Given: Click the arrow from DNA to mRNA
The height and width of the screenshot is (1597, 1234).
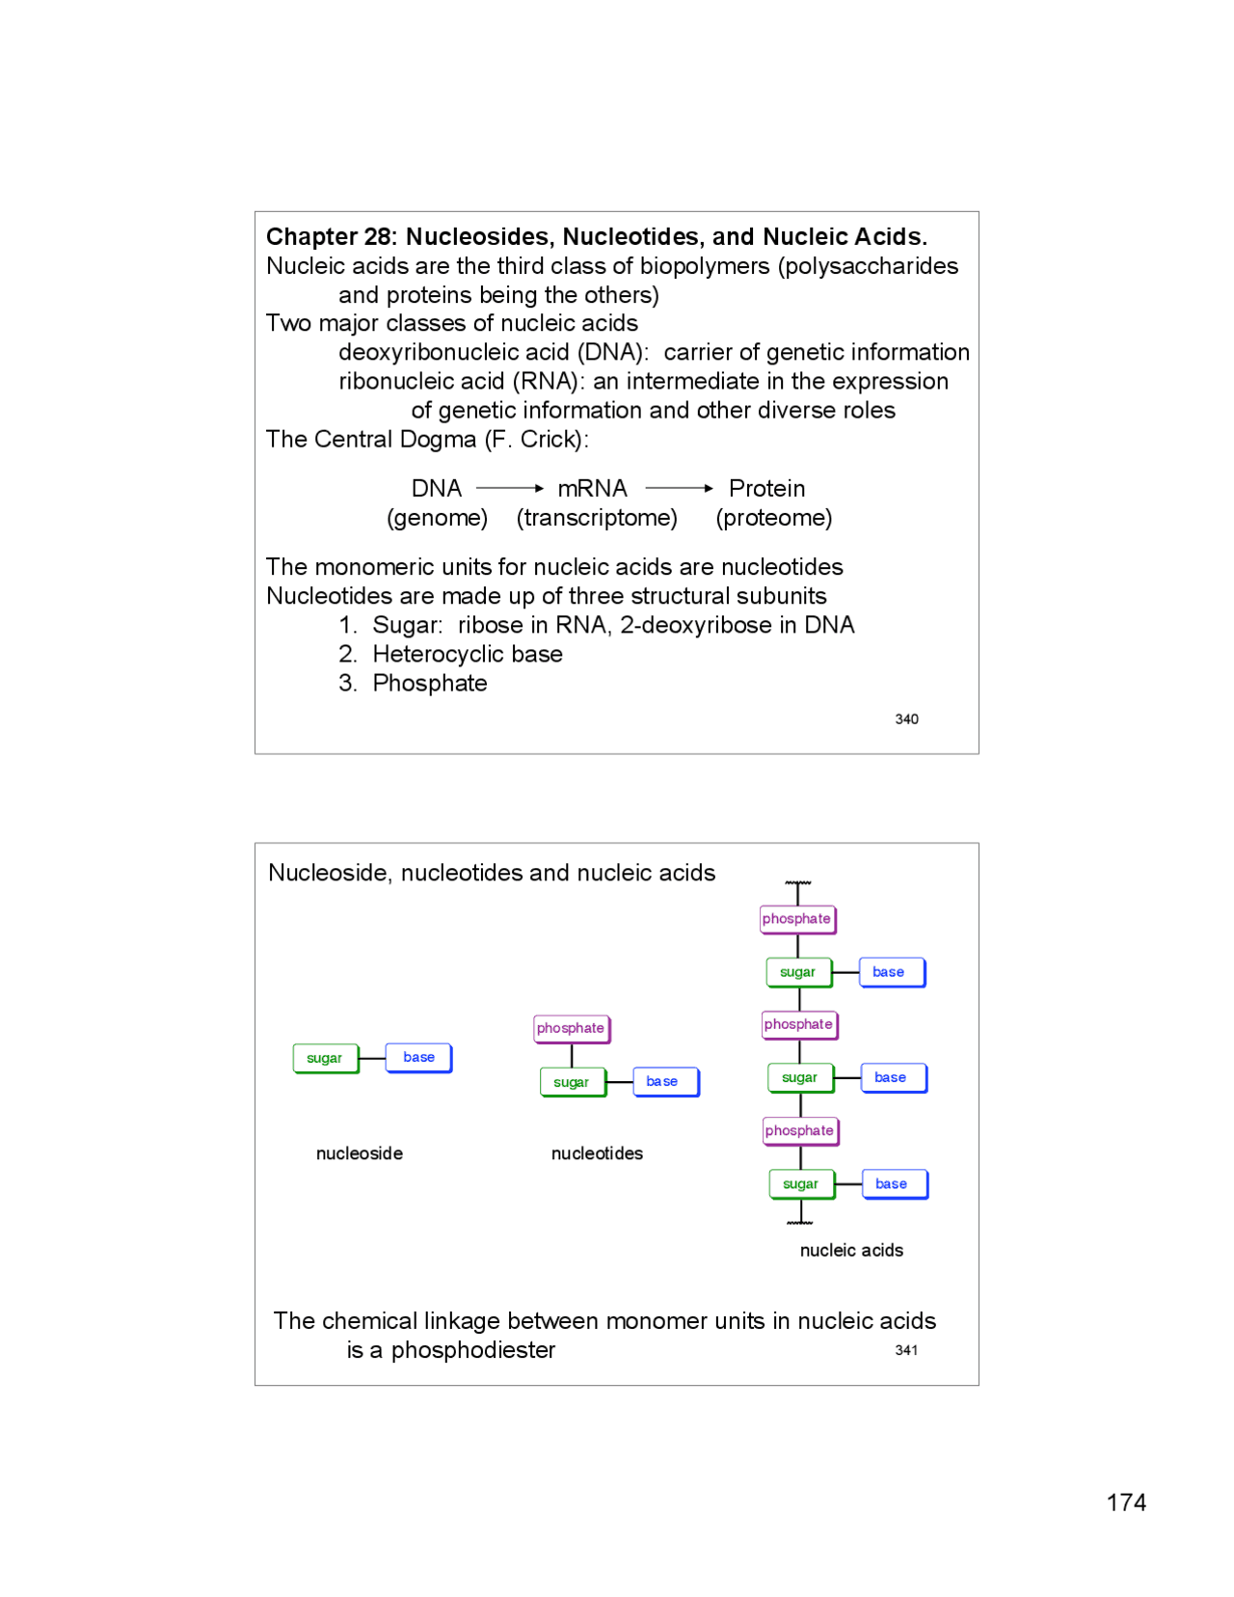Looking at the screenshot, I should pyautogui.click(x=510, y=488).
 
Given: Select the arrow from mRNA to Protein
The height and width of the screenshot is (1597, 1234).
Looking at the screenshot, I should pyautogui.click(x=679, y=488).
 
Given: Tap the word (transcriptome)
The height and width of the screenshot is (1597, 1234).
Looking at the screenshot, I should pyautogui.click(x=597, y=518).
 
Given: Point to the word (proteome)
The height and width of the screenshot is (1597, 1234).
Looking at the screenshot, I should pyautogui.click(x=773, y=518).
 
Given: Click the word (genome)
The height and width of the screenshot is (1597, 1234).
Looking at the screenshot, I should pyautogui.click(x=437, y=518).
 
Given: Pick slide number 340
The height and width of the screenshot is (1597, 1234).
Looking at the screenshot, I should pyautogui.click(x=906, y=719).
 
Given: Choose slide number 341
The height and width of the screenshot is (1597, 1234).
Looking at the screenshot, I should pyautogui.click(x=906, y=1350).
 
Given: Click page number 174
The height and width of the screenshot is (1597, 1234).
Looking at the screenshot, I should pyautogui.click(x=1126, y=1502).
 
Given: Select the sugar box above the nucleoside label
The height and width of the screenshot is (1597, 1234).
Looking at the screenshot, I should pyautogui.click(x=325, y=1058).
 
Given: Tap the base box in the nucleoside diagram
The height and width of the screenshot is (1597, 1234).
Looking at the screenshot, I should pyautogui.click(x=418, y=1057).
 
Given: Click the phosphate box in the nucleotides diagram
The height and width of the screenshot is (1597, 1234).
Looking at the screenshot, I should pyautogui.click(x=571, y=1028).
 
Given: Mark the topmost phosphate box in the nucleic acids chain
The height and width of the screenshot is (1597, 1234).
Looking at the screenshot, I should pyautogui.click(x=796, y=919).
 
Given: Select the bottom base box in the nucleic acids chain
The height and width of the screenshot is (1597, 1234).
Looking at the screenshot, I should pyautogui.click(x=892, y=1183).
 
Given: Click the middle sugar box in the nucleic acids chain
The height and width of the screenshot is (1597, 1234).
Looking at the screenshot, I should pyautogui.click(x=799, y=1077).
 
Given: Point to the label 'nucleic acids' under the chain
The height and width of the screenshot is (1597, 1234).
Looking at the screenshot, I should pyautogui.click(x=851, y=1250).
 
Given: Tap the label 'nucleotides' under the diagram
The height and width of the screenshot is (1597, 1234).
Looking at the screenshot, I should pyautogui.click(x=597, y=1153).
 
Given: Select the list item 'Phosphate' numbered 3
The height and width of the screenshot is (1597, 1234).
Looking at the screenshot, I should pyautogui.click(x=430, y=683).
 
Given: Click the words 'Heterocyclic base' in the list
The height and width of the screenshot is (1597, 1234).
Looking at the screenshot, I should pyautogui.click(x=468, y=654).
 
